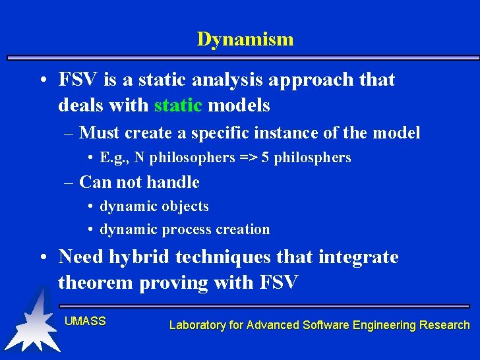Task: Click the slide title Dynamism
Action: pyautogui.click(x=245, y=40)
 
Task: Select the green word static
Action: pyautogui.click(x=178, y=105)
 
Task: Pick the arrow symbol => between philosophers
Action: pyautogui.click(x=251, y=158)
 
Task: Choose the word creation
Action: pyautogui.click(x=244, y=229)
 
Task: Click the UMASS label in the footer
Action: pyautogui.click(x=85, y=321)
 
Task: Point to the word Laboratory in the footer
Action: pyautogui.click(x=199, y=325)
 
